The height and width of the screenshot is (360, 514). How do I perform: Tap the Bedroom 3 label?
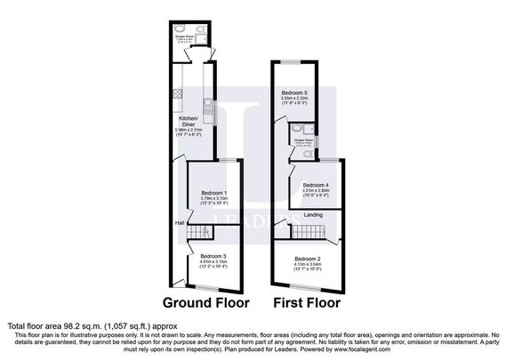click(213, 256)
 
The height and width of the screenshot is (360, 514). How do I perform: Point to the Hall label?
click(179, 222)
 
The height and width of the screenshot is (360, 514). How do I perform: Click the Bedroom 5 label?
click(295, 92)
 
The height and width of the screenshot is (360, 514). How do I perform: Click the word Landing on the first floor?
click(314, 214)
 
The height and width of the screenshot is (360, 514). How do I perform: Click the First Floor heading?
click(308, 302)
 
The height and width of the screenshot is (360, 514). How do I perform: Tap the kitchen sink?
click(206, 108)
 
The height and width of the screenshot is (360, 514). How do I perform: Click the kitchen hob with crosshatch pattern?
click(176, 92)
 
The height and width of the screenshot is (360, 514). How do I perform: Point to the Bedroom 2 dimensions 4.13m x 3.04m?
click(307, 265)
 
